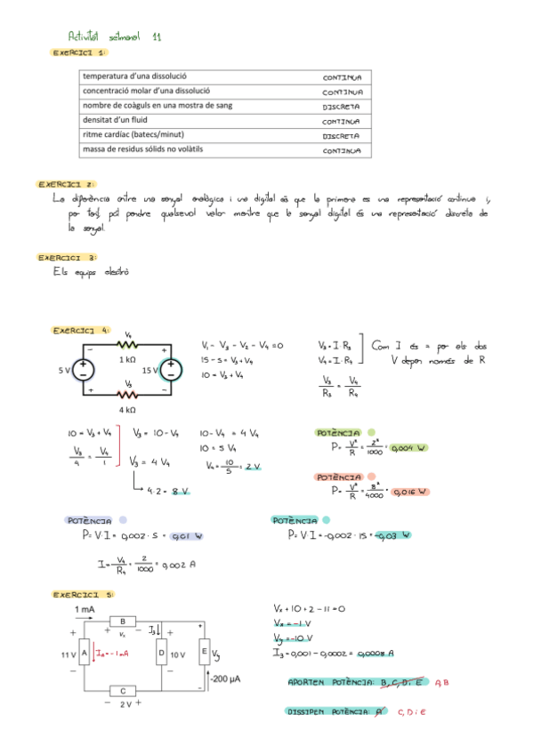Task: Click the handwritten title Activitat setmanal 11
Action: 115,36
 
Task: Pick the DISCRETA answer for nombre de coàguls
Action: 341,106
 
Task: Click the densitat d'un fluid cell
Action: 116,120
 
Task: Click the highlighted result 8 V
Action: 181,490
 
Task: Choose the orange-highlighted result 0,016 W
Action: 410,492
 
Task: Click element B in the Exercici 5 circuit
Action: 122,622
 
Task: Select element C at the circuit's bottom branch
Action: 122,690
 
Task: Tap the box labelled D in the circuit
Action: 161,654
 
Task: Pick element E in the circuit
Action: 204,654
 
